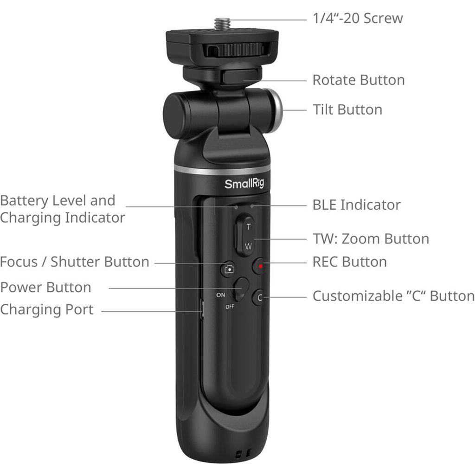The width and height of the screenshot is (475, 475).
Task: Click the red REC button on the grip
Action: pos(260,266)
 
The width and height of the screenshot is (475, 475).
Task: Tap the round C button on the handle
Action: pos(259,297)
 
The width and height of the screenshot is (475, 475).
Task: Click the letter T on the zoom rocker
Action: pos(249,226)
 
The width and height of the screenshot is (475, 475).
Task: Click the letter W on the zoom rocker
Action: pos(248,246)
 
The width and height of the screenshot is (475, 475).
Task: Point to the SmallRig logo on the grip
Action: pos(244,184)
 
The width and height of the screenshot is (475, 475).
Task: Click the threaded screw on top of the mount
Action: pos(222,24)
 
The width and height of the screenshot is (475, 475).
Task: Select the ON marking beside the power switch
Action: pos(220,295)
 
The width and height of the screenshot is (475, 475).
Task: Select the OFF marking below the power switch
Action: pos(230,307)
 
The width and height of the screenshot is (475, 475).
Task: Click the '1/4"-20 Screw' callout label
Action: pos(358,18)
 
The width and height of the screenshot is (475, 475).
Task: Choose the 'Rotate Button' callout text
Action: pos(359,80)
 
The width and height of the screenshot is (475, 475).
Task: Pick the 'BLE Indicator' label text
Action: pos(357,205)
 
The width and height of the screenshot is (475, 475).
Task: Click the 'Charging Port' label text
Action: pos(47,310)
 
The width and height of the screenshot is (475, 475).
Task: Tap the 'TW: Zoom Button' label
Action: pos(371,239)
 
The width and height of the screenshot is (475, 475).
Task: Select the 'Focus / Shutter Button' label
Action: pos(75,262)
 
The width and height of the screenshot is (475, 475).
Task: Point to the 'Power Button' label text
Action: pos(45,288)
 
